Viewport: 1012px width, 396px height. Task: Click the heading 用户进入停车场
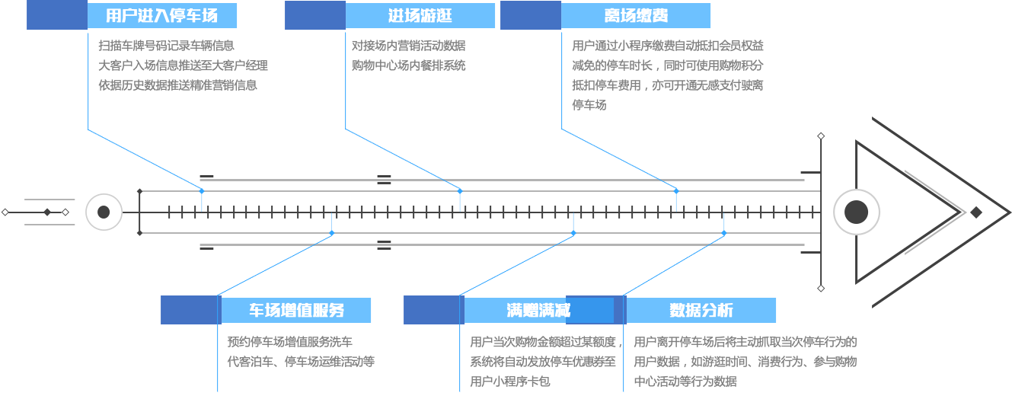pyautogui.click(x=161, y=16)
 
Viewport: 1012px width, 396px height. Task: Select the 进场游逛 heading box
pyautogui.click(x=420, y=16)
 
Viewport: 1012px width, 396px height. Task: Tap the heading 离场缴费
pyautogui.click(x=636, y=16)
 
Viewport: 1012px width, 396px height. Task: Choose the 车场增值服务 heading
pyautogui.click(x=296, y=310)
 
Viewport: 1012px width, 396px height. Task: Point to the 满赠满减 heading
pyautogui.click(x=538, y=310)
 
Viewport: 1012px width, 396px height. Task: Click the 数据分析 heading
pyautogui.click(x=701, y=310)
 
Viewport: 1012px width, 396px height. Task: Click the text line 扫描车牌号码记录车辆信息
pyautogui.click(x=166, y=46)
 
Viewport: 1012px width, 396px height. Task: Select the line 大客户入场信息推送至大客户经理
pyautogui.click(x=183, y=65)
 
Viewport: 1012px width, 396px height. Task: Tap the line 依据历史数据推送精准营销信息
pyautogui.click(x=177, y=85)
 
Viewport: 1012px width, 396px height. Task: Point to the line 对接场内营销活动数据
pyautogui.click(x=408, y=46)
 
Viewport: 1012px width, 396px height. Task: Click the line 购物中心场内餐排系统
pyautogui.click(x=408, y=65)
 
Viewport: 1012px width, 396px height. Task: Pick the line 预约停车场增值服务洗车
pyautogui.click(x=289, y=342)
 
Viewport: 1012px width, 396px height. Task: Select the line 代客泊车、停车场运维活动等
pyautogui.click(x=301, y=362)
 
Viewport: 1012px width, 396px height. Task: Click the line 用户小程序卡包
pyautogui.click(x=509, y=382)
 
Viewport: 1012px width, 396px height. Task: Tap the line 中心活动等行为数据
pyautogui.click(x=685, y=382)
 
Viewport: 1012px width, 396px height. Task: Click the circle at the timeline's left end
pyautogui.click(x=104, y=212)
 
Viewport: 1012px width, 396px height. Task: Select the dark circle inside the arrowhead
pyautogui.click(x=856, y=212)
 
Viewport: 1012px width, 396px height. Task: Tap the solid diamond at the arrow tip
pyautogui.click(x=975, y=212)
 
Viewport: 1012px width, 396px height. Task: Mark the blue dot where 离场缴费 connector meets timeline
pyautogui.click(x=675, y=190)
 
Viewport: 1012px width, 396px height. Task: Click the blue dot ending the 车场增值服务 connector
pyautogui.click(x=332, y=233)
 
